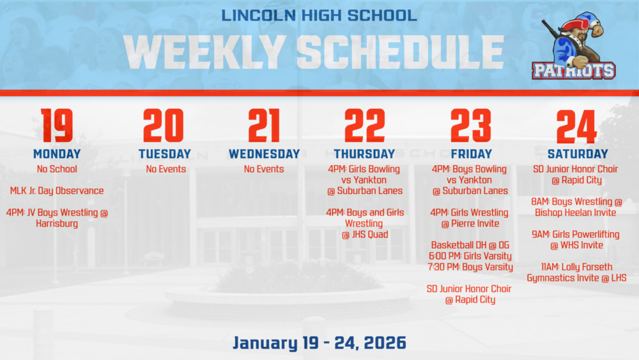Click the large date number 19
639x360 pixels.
click(57, 126)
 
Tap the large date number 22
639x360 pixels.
click(365, 126)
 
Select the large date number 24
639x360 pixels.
click(576, 126)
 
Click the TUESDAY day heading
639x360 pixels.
click(164, 154)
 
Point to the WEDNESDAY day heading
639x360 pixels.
click(264, 154)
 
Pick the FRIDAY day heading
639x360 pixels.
click(471, 154)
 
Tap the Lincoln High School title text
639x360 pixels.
click(319, 14)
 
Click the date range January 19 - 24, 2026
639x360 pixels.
click(319, 343)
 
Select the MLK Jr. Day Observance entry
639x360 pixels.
click(57, 191)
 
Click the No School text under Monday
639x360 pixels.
click(57, 169)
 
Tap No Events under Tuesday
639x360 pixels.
click(166, 169)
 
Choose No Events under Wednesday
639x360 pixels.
click(264, 169)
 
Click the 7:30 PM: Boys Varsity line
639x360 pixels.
click(471, 267)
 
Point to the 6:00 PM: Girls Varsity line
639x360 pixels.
click(471, 256)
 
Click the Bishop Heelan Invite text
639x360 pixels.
click(576, 212)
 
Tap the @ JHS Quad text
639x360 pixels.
click(365, 235)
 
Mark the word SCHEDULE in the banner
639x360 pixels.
click(401, 51)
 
